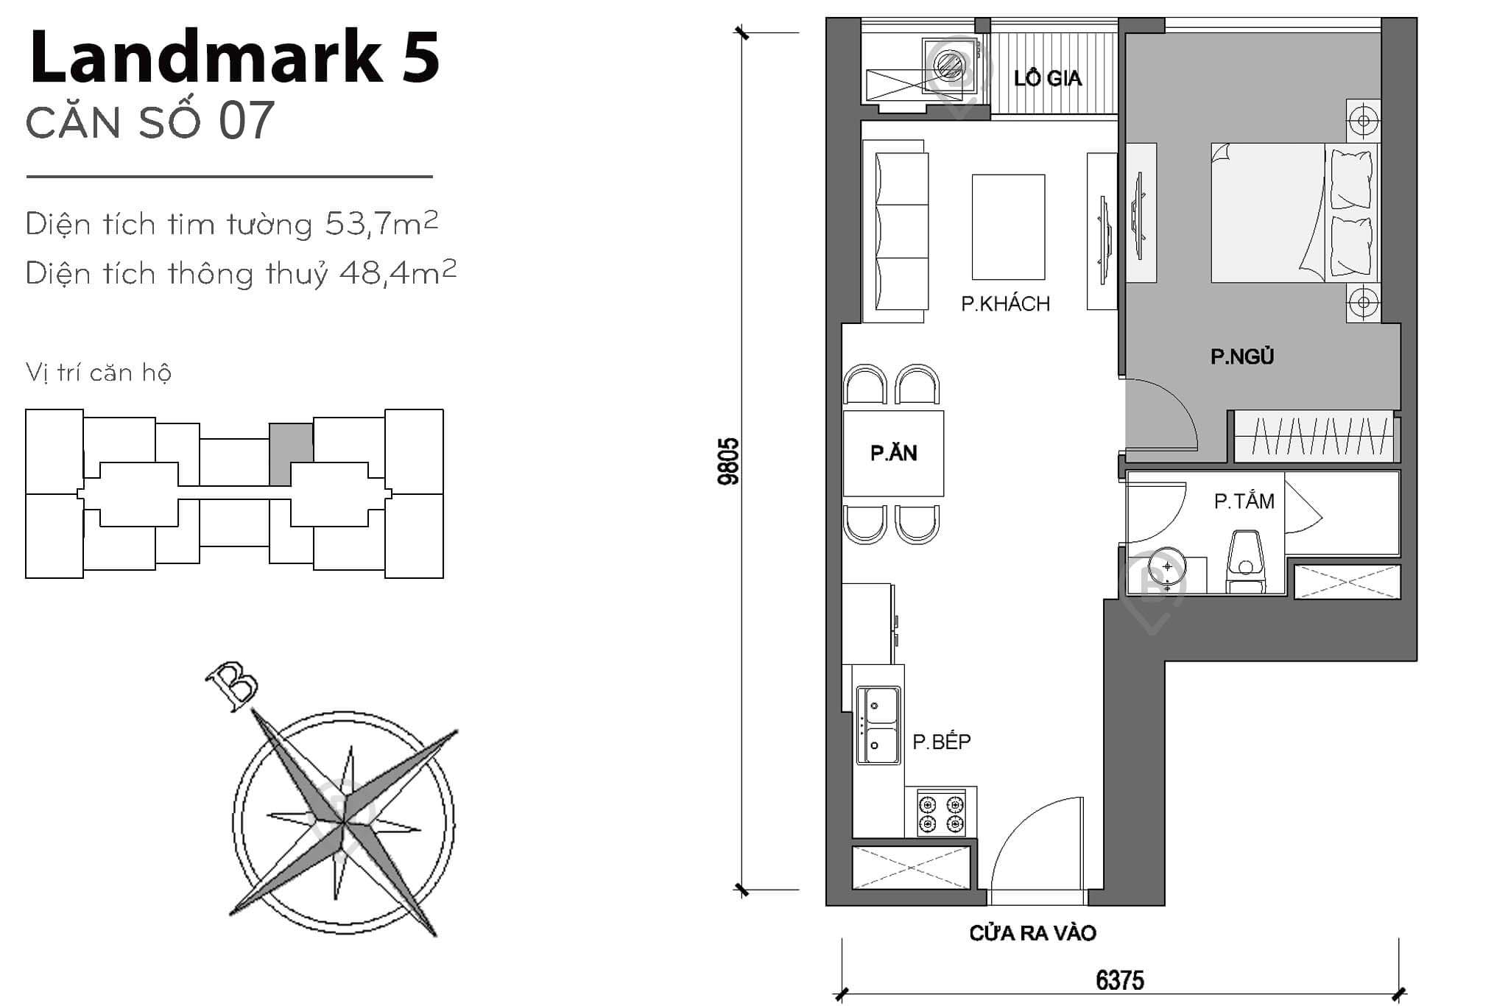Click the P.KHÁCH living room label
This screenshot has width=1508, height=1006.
1005,303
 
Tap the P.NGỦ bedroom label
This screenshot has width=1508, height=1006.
1242,357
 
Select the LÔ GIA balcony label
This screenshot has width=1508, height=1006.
1047,78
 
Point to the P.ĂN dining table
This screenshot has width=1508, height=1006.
893,453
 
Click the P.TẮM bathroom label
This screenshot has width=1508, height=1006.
1244,502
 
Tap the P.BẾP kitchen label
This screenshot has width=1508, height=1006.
942,742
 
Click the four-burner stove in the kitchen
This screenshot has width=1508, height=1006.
941,813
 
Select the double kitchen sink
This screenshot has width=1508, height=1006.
878,725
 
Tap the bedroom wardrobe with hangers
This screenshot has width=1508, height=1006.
1314,437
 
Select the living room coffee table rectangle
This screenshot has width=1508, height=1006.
1008,227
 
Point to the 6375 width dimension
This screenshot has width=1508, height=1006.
1119,980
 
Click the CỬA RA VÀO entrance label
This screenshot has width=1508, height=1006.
1032,933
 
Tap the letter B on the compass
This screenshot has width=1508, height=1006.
232,685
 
